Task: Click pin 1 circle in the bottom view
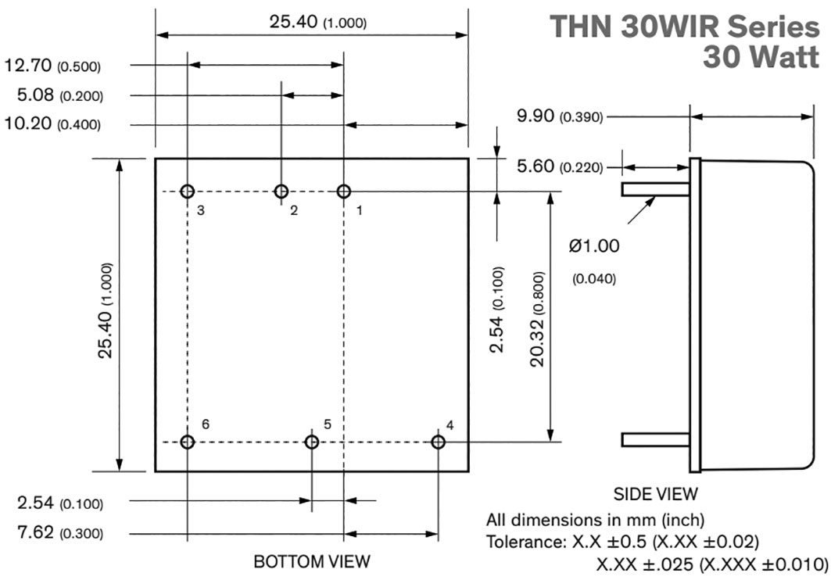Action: pyautogui.click(x=343, y=192)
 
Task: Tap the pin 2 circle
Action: pyautogui.click(x=281, y=192)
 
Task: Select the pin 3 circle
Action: pyautogui.click(x=188, y=192)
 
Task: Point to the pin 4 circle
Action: pyautogui.click(x=438, y=442)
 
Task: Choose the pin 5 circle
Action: pyautogui.click(x=312, y=442)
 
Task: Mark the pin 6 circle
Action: pyautogui.click(x=188, y=442)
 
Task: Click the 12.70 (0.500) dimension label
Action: pyautogui.click(x=52, y=66)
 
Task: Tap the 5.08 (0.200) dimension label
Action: pyautogui.click(x=60, y=95)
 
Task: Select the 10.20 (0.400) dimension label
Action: pyautogui.click(x=52, y=124)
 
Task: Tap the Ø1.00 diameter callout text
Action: pyautogui.click(x=594, y=246)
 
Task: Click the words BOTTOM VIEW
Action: pyautogui.click(x=312, y=561)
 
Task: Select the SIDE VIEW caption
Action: pyautogui.click(x=655, y=494)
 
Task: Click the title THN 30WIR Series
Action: pyautogui.click(x=685, y=27)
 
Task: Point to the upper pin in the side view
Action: pyautogui.click(x=655, y=189)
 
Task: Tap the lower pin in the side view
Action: pyautogui.click(x=655, y=439)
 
